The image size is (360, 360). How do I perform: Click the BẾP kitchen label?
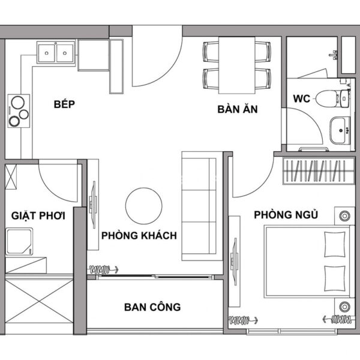tap(64, 104)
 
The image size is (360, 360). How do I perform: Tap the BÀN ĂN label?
tap(238, 109)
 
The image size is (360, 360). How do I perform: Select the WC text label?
tap(301, 99)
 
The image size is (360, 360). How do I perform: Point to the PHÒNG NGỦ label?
tap(286, 215)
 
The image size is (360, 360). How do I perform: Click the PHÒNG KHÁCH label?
tap(139, 236)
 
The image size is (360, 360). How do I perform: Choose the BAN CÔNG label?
tap(152, 307)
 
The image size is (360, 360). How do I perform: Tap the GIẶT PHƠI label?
tap(38, 216)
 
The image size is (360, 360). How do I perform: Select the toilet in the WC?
tap(332, 99)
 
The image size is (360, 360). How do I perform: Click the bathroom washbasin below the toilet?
tap(340, 130)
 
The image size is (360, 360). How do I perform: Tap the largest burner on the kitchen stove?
tap(18, 103)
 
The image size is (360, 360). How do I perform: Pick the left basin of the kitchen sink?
tap(47, 53)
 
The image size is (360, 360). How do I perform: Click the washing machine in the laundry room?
tap(19, 241)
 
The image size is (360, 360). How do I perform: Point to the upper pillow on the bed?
tap(335, 244)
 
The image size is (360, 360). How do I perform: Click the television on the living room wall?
tap(94, 205)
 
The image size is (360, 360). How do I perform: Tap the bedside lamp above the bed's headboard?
tap(344, 216)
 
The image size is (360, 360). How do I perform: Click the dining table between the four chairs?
tap(237, 65)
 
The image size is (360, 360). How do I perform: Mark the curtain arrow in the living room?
tap(104, 269)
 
